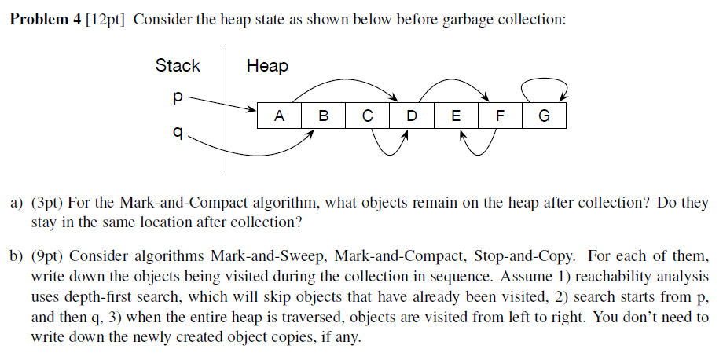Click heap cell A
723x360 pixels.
(x=279, y=116)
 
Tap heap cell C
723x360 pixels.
(x=367, y=116)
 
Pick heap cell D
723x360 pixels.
(x=411, y=116)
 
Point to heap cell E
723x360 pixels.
(x=455, y=116)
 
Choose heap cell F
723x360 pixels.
(x=499, y=116)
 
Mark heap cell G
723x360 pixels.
(x=543, y=116)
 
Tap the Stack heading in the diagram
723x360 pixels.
(x=178, y=65)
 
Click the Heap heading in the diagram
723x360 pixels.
(x=267, y=65)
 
